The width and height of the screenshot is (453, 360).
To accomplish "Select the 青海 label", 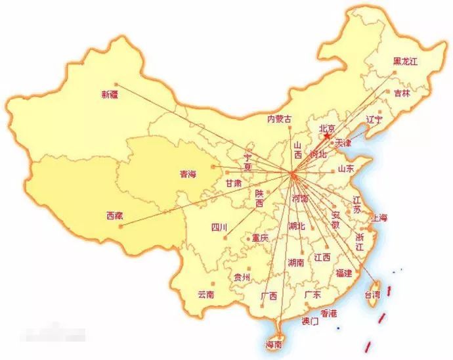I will click(188, 175).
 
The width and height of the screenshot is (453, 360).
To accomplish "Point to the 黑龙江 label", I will click(406, 61).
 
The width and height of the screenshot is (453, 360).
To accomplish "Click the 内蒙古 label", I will click(280, 119).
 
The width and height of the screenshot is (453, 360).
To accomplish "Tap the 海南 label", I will click(274, 344).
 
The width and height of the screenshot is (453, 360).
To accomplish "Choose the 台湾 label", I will click(372, 296).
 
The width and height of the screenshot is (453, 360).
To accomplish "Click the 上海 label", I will click(379, 218).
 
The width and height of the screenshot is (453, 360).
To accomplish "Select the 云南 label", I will click(205, 295).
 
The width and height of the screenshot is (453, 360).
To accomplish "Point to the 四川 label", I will click(219, 228).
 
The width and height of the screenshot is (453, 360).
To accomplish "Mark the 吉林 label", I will click(401, 93).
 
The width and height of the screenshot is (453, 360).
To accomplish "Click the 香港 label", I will click(329, 313).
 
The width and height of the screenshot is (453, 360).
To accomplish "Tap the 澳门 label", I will click(309, 321).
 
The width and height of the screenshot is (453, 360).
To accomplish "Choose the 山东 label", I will click(347, 168).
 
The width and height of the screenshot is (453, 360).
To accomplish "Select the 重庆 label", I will click(260, 238).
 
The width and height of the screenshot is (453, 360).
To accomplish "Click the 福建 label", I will click(343, 273).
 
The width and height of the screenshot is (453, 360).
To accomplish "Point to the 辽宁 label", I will click(374, 119).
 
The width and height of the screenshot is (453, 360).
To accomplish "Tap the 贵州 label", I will click(242, 278).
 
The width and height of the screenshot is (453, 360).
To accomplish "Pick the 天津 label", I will click(343, 143).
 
